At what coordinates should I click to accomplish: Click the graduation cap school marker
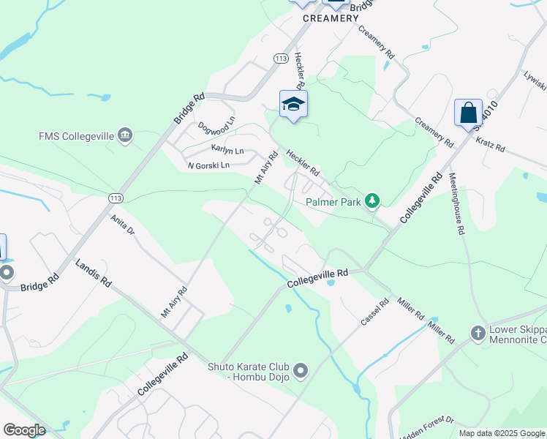pos(293,105)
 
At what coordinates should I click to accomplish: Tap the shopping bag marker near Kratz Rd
pos(468,113)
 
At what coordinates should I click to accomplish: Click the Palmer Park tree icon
pos(372,200)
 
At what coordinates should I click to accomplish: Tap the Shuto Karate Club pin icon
pos(301,372)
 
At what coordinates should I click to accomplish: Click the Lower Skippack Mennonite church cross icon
pos(478,334)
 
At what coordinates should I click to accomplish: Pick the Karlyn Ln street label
pos(227,151)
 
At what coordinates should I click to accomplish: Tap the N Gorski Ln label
pos(208,165)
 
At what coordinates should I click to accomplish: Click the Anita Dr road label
pos(123,224)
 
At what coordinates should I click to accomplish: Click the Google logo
pos(24,430)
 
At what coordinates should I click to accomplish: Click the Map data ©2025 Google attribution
pos(502,433)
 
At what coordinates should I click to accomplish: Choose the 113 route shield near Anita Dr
pos(115,198)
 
